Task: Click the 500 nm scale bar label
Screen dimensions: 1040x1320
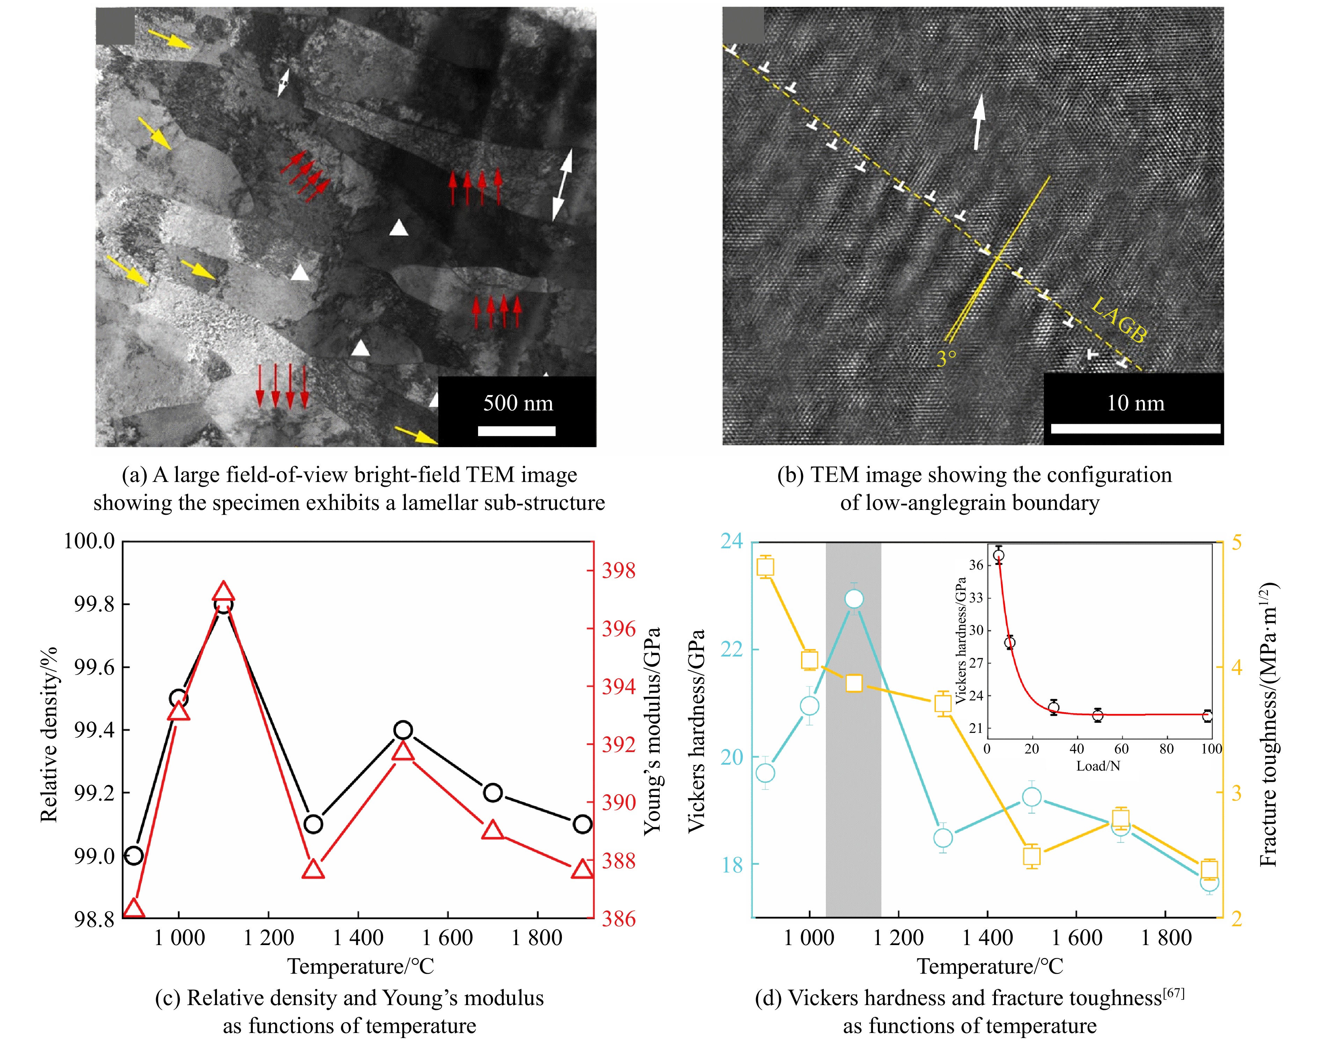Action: (518, 403)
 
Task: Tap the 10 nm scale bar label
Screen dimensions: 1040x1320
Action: (1135, 403)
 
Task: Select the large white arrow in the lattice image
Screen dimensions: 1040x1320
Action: (978, 122)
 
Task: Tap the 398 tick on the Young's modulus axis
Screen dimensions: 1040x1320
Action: (618, 571)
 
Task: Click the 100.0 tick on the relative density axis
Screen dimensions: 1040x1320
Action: (89, 541)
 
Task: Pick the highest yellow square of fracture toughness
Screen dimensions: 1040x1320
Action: (765, 567)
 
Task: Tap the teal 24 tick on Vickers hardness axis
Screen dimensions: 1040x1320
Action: (732, 541)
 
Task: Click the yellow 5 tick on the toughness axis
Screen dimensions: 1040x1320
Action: (1237, 542)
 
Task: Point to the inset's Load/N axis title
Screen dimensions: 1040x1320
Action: (1098, 766)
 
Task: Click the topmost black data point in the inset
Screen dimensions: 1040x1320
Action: (998, 555)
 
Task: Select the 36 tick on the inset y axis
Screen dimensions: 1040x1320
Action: (976, 564)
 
